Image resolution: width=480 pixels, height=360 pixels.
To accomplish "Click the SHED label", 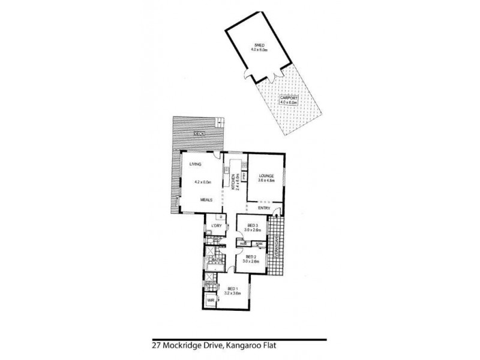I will (260, 44).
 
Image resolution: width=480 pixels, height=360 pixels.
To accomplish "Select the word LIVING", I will (195, 164).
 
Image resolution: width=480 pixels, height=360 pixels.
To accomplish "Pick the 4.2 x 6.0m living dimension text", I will (203, 182).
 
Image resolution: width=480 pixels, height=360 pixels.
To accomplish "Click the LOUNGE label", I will (266, 175).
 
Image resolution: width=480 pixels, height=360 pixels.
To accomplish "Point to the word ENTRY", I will (264, 208).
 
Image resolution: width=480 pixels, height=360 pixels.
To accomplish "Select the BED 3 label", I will (253, 226).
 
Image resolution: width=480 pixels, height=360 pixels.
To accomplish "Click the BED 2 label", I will (250, 257).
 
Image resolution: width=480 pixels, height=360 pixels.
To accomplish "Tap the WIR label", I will (210, 299).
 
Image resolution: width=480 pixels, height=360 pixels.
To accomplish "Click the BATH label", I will (216, 259).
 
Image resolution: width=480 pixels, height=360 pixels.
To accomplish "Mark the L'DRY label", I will (216, 226).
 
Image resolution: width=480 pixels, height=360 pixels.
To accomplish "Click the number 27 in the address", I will (157, 346).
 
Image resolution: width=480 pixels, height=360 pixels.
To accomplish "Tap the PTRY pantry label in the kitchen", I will (244, 177).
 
